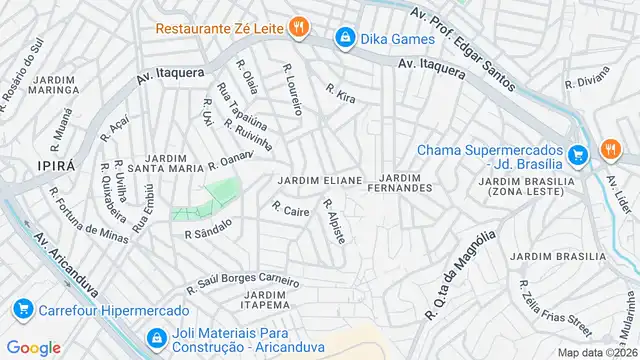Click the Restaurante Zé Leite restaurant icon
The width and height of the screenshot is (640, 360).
pyautogui.click(x=297, y=27)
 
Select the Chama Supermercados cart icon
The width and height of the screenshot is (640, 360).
pyautogui.click(x=577, y=155)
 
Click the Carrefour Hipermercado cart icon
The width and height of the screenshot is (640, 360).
pyautogui.click(x=22, y=310)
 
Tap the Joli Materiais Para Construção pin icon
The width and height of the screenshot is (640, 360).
pyautogui.click(x=156, y=339)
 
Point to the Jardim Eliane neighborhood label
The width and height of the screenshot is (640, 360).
pyautogui.click(x=319, y=180)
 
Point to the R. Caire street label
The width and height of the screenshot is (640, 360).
pyautogui.click(x=289, y=210)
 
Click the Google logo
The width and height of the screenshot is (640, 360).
pyautogui.click(x=33, y=347)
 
